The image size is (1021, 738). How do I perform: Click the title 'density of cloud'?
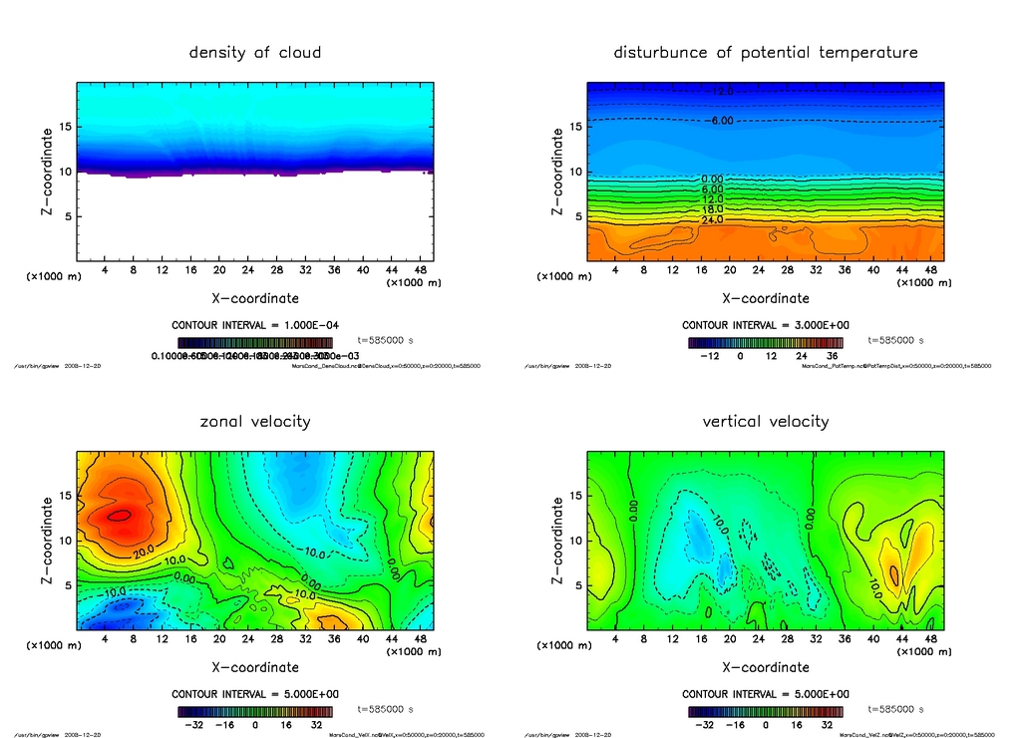pos(255,52)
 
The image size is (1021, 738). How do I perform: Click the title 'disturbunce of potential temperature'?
pos(766,52)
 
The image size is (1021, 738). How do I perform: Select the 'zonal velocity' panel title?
pos(255,421)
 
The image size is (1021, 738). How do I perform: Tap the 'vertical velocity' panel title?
pos(766,421)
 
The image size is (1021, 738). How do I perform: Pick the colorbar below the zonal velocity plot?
pos(255,712)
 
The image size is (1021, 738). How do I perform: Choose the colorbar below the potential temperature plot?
pos(766,343)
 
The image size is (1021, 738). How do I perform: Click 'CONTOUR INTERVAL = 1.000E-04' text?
pos(255,325)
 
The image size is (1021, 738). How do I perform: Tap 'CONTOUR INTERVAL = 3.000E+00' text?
pos(766,325)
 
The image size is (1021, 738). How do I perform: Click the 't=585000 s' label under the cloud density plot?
pos(385,340)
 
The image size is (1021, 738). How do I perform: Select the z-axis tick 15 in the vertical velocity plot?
pos(575,496)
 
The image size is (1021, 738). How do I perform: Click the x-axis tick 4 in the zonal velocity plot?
pos(105,638)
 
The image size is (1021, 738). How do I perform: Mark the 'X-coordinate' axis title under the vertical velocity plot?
pos(766,666)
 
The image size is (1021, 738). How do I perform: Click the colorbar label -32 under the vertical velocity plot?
pos(703,725)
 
